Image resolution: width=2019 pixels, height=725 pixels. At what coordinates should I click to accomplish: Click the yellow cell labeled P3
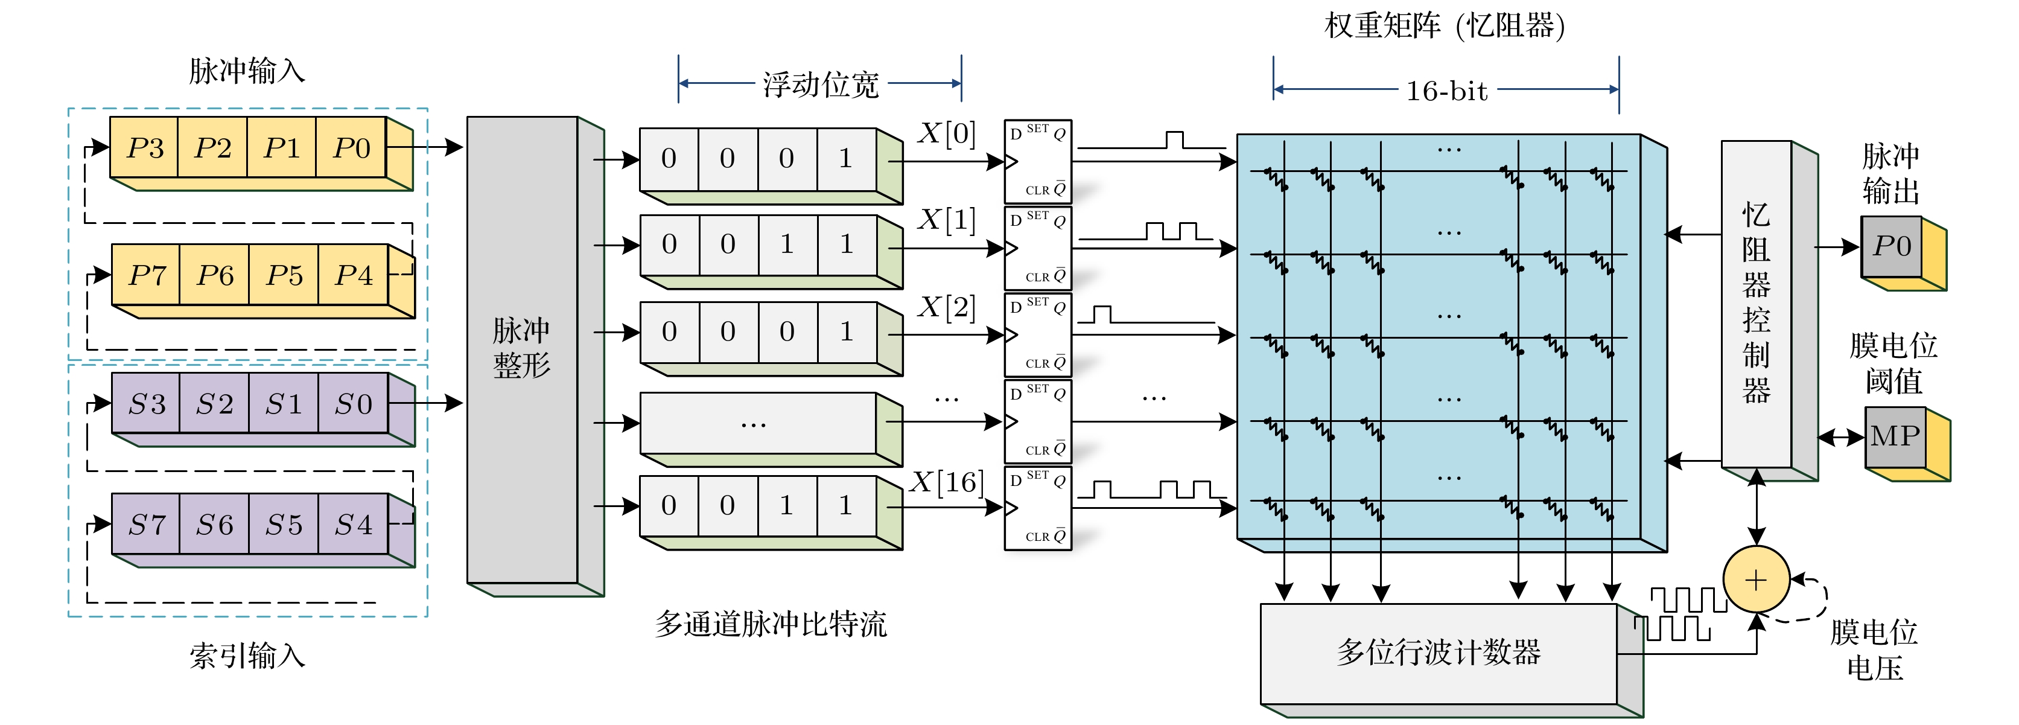(145, 147)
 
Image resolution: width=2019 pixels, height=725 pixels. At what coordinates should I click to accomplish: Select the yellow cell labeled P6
(215, 275)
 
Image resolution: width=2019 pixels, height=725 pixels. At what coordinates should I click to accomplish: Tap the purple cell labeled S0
(353, 404)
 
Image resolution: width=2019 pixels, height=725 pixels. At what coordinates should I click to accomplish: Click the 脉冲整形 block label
(521, 348)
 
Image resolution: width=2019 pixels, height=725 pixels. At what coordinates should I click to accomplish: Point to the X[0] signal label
(947, 134)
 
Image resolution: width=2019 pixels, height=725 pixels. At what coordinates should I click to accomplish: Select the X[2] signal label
(947, 307)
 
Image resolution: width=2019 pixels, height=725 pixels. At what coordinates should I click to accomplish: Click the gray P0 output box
(1891, 246)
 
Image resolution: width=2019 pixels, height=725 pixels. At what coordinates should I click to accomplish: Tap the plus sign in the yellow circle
(1756, 580)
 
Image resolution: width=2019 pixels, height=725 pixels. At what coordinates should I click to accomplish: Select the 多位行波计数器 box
(1439, 652)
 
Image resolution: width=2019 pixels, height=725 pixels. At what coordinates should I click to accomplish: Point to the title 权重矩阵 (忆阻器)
(1445, 26)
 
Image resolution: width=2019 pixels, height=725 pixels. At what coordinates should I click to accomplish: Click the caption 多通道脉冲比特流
(771, 624)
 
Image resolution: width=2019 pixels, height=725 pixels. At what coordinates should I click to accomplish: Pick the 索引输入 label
(247, 655)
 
